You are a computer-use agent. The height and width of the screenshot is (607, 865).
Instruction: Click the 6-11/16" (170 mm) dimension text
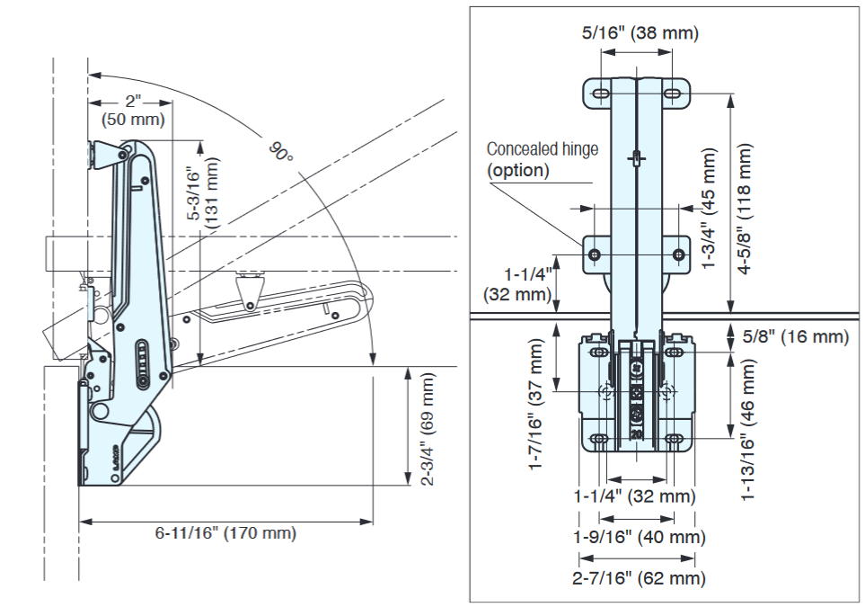point(225,533)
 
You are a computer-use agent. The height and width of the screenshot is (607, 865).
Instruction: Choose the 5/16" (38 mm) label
point(640,33)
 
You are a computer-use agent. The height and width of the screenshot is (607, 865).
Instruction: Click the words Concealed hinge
point(542,149)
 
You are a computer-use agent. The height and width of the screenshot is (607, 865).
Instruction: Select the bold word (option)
point(517,170)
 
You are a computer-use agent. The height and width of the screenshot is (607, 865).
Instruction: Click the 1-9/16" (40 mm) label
point(640,537)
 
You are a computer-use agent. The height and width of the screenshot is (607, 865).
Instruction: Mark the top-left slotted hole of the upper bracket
point(597,93)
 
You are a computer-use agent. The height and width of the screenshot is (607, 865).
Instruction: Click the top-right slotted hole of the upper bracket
point(674,93)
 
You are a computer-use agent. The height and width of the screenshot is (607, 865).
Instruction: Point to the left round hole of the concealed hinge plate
point(595,255)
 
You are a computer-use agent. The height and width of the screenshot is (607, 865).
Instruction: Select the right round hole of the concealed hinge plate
point(675,255)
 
